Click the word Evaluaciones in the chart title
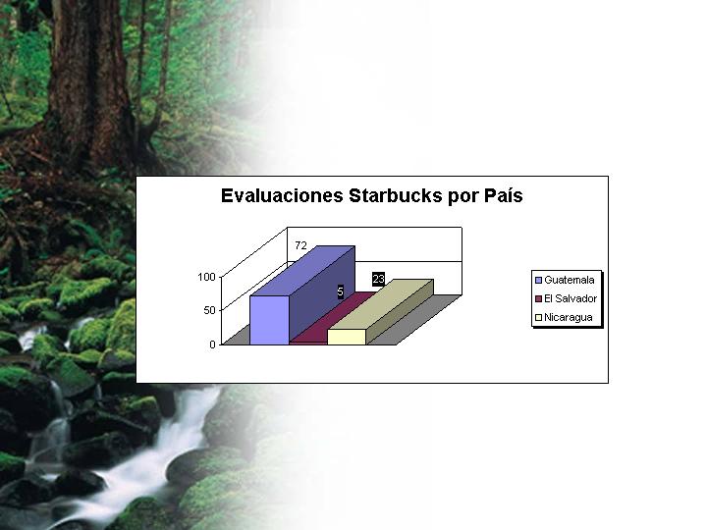(x=282, y=196)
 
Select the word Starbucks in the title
(x=396, y=196)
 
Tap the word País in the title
(x=503, y=196)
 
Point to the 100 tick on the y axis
(x=206, y=277)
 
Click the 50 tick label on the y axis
(x=209, y=310)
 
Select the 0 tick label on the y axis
(x=212, y=344)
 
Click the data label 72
(x=300, y=245)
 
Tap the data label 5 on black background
(x=341, y=291)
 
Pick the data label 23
(x=378, y=280)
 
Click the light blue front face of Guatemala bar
(x=269, y=320)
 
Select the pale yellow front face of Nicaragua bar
(x=347, y=337)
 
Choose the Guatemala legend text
(x=569, y=280)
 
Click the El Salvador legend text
(x=571, y=298)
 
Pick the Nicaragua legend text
(x=569, y=317)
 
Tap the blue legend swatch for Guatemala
(x=538, y=280)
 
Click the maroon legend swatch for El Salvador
(x=538, y=298)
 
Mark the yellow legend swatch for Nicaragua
(x=538, y=318)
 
